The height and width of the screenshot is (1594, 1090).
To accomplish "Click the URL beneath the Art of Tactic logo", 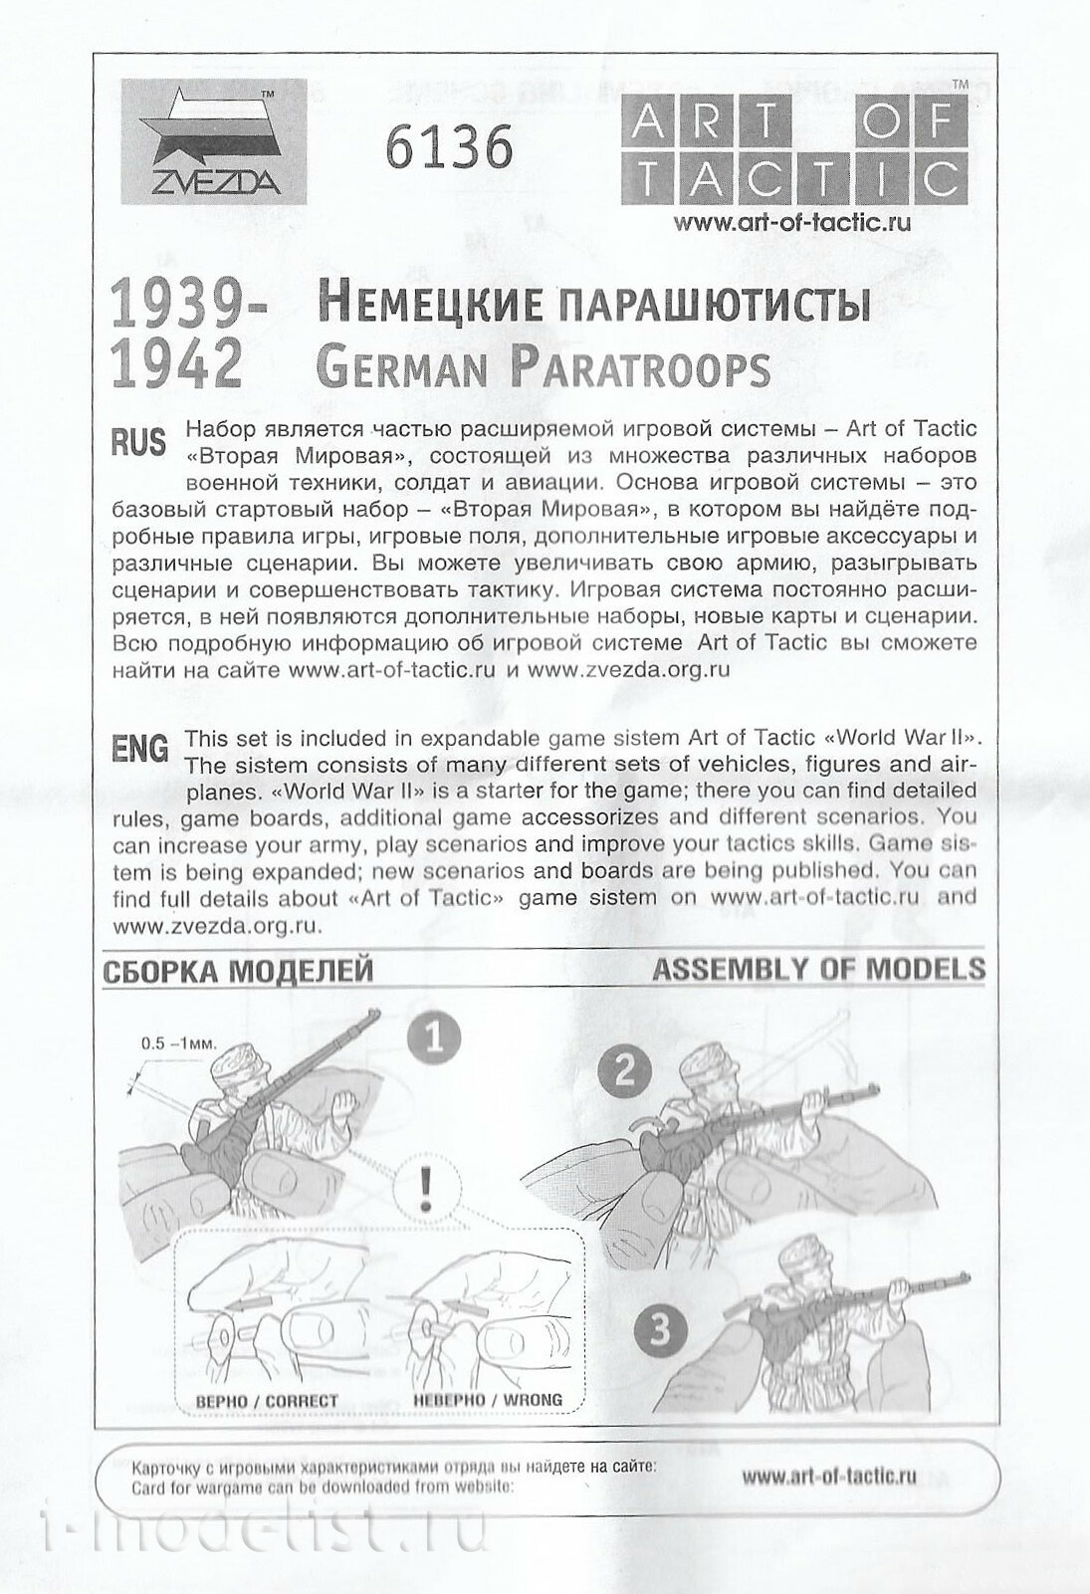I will point(791,224).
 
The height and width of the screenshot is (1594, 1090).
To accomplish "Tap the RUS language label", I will point(138,441).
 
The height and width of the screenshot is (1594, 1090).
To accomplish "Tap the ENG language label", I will point(140,750).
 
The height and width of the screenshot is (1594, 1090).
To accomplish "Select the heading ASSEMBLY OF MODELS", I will point(818,969).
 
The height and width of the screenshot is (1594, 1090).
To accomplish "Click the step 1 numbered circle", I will point(434,1039).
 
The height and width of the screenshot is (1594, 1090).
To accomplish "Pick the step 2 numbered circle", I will point(625,1071).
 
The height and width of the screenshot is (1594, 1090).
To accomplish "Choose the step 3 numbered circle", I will point(660,1331).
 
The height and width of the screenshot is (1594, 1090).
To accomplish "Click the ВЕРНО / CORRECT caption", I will point(267,1401).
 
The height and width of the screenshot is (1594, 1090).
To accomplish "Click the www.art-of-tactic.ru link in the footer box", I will point(828,1477).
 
